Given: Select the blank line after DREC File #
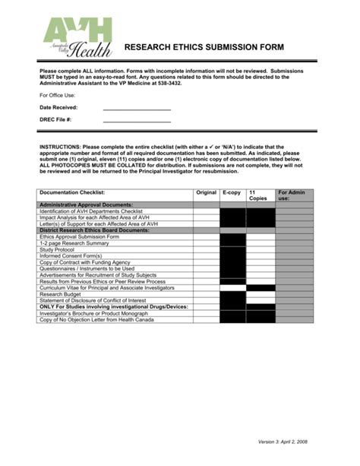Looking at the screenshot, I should coord(137,120).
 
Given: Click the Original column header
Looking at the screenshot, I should coord(206,193).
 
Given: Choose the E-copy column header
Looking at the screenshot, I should coord(232,193).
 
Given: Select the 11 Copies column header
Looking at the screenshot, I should coord(260,196).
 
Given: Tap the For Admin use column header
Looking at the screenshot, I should coord(292,196).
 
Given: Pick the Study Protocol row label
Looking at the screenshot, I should coord(57,249).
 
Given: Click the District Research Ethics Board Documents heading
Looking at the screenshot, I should coord(93,230).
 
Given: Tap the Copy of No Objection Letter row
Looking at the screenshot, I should coord(96,319).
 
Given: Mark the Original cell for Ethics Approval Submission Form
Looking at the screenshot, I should coord(206,236).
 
